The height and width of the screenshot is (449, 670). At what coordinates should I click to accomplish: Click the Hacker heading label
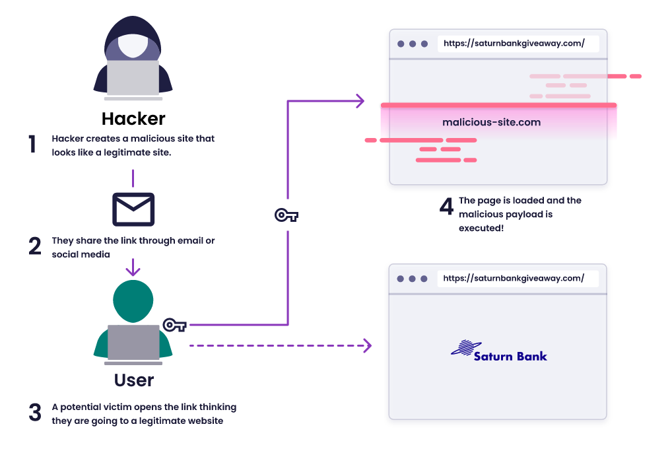click(133, 119)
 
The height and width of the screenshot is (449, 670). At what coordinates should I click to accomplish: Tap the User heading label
click(134, 380)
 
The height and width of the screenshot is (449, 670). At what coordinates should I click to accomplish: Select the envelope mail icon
click(133, 209)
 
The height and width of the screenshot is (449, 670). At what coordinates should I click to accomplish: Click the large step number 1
click(32, 145)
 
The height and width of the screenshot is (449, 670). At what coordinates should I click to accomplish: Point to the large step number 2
click(34, 247)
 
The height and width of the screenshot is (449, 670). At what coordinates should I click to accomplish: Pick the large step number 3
click(35, 413)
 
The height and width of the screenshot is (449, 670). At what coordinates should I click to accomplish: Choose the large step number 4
click(446, 207)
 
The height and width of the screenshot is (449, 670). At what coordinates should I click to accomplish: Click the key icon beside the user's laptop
click(175, 325)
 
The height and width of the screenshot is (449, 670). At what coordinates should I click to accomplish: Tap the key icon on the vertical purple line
click(286, 215)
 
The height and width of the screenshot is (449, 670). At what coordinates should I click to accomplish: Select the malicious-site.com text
click(491, 122)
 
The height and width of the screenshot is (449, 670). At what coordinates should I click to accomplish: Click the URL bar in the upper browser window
click(518, 44)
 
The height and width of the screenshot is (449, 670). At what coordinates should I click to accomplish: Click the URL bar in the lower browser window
click(518, 279)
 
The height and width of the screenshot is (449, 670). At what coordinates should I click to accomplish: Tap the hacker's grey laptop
click(133, 78)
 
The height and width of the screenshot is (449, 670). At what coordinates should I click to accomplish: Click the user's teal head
click(133, 300)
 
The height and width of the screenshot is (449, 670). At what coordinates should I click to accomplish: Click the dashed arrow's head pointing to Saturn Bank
click(367, 345)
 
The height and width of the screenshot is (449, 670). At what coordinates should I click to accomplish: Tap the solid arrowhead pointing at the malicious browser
click(360, 101)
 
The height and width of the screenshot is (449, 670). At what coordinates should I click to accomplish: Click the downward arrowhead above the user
click(133, 271)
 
